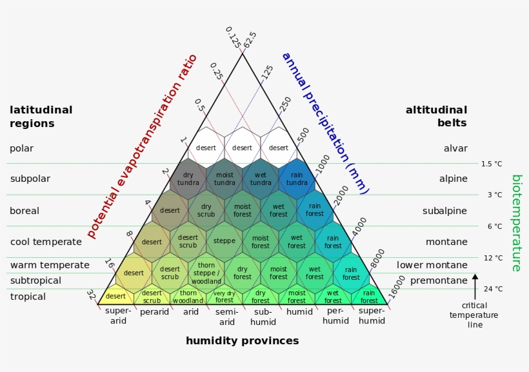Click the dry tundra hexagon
(188, 179)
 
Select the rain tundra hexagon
(297, 179)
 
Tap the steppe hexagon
(225, 242)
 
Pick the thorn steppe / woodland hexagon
(206, 273)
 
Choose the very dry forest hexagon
(225, 297)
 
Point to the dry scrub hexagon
(206, 210)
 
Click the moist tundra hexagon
(225, 179)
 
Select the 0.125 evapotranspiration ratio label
(233, 37)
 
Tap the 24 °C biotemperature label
(493, 289)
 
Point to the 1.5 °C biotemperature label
(492, 164)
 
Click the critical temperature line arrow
(475, 287)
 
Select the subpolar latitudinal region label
(30, 179)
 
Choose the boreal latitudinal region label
(25, 211)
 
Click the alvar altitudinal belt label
(455, 148)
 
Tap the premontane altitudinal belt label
(439, 280)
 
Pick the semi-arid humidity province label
(226, 317)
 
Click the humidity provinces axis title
(242, 340)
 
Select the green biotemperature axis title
(517, 223)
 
